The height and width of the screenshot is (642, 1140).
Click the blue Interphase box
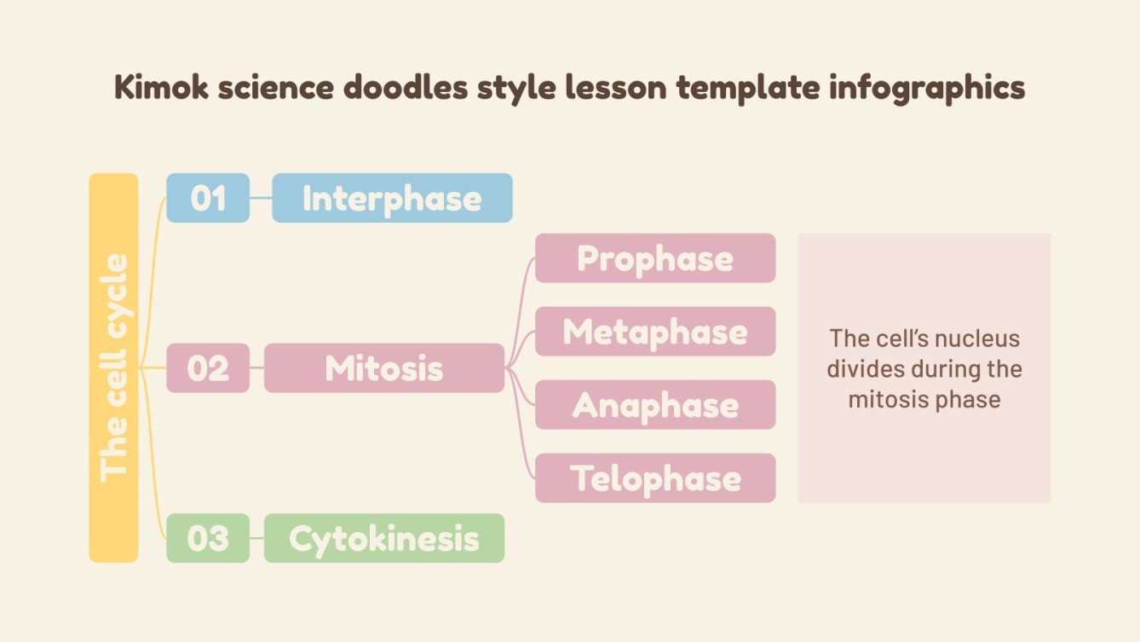(392, 198)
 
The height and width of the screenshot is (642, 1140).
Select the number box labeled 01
(208, 198)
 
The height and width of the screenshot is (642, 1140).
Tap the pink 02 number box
(208, 368)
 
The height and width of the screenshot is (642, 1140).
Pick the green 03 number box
(208, 538)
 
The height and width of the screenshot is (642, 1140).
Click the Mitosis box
(383, 368)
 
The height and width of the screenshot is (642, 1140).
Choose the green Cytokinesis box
(383, 538)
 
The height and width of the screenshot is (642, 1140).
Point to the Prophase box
(654, 258)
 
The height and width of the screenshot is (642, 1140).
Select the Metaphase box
(654, 332)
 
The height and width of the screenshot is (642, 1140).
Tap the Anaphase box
(654, 405)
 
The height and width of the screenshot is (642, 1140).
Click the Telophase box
(654, 478)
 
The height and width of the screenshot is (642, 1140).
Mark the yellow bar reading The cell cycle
(113, 367)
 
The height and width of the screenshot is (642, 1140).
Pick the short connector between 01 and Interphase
(261, 198)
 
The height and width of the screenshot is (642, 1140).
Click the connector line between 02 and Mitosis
(256, 368)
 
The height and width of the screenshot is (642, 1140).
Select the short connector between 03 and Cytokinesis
(256, 538)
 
